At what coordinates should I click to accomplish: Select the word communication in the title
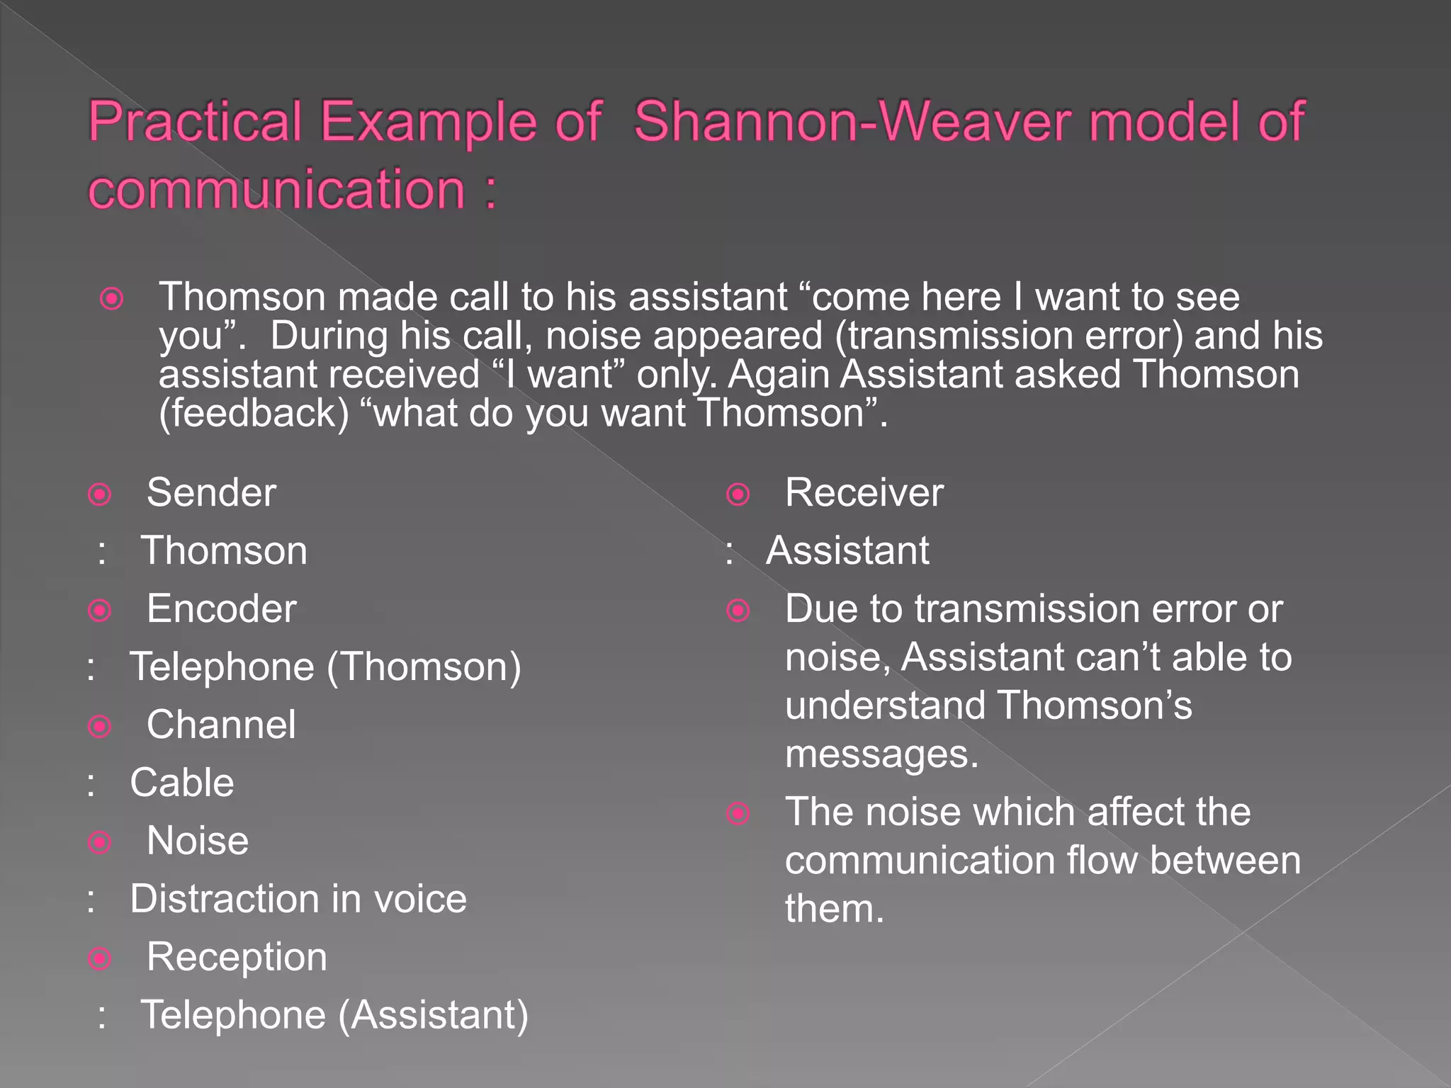(x=276, y=189)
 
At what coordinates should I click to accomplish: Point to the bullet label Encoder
(x=221, y=608)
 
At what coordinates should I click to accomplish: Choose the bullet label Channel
(x=221, y=725)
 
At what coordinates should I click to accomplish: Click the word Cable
(x=182, y=783)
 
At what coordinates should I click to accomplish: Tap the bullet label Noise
(x=198, y=841)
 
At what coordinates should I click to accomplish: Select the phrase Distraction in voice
(x=298, y=899)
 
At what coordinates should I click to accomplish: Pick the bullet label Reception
(x=237, y=957)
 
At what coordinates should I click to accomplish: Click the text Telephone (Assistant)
(x=334, y=1015)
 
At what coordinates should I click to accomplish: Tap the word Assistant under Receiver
(x=847, y=550)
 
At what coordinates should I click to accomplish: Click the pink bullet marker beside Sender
(x=100, y=494)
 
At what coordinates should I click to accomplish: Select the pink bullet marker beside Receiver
(x=738, y=494)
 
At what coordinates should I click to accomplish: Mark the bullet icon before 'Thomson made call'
(x=112, y=299)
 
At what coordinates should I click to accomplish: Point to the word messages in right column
(x=881, y=754)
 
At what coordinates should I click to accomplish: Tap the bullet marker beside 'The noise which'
(x=738, y=813)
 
